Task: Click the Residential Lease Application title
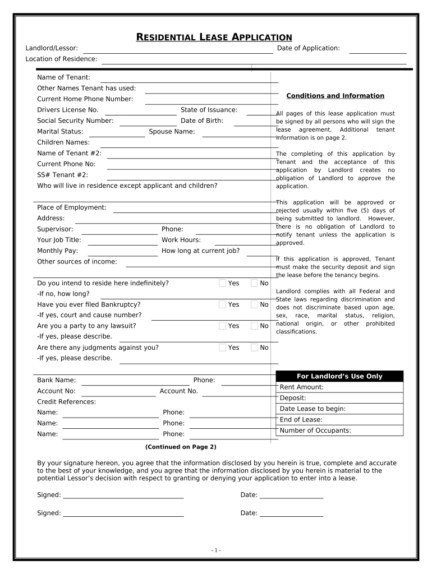(x=214, y=37)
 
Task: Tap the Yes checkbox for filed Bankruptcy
(x=223, y=304)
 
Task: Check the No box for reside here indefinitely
(x=255, y=283)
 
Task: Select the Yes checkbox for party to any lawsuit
(x=223, y=326)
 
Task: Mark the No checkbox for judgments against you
(x=255, y=348)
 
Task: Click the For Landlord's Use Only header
(x=339, y=376)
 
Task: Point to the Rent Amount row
(x=339, y=387)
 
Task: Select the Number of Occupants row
(x=339, y=430)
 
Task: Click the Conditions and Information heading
(x=335, y=96)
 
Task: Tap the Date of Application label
(x=308, y=48)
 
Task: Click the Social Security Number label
(x=75, y=121)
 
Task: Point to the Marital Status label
(x=60, y=132)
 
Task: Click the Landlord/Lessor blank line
(x=178, y=51)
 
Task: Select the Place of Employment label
(x=71, y=207)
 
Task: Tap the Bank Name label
(x=56, y=380)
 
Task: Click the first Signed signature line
(x=123, y=496)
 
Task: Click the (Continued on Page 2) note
(x=180, y=447)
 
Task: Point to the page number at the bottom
(x=216, y=550)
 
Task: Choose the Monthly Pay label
(x=57, y=251)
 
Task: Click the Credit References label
(x=66, y=402)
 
